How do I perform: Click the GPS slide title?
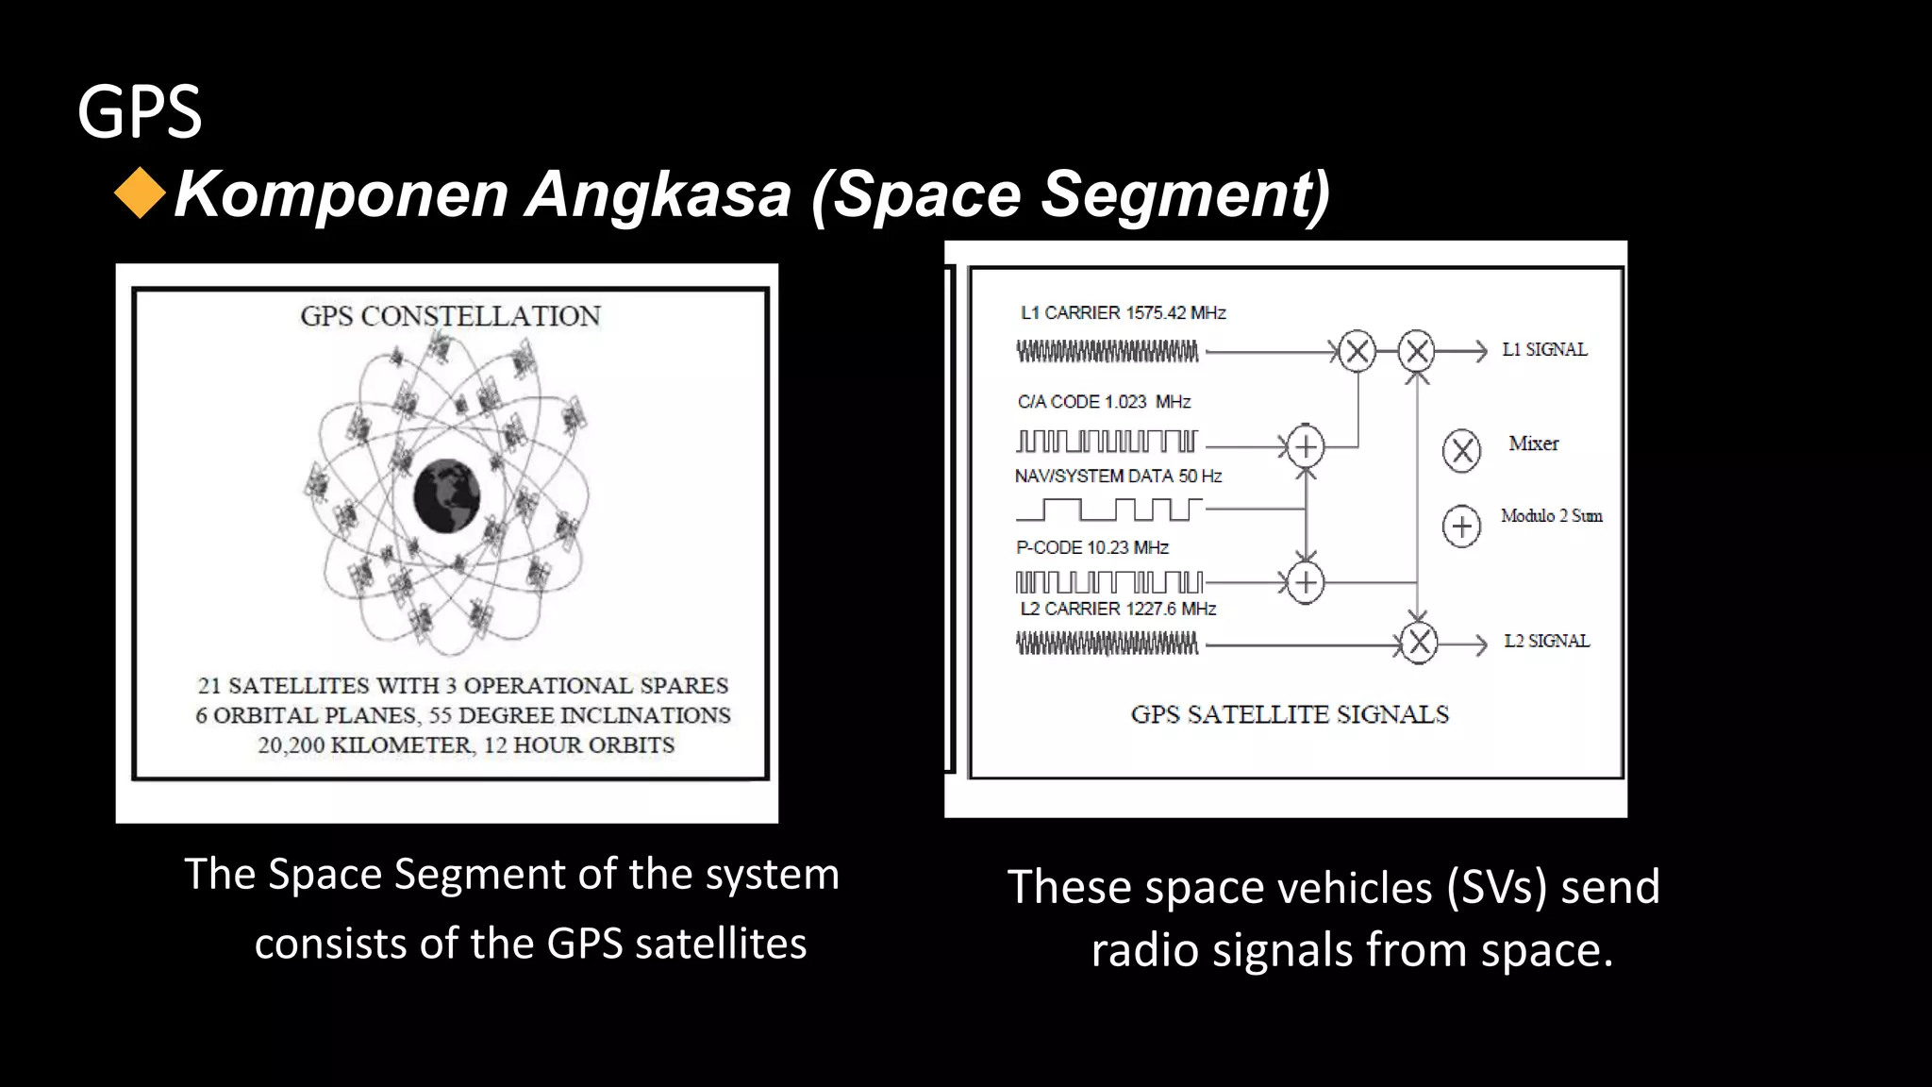(x=140, y=111)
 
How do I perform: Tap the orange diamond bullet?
(x=140, y=192)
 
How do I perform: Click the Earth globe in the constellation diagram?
(x=447, y=496)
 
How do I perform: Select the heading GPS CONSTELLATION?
(x=450, y=316)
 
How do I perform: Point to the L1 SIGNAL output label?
(x=1544, y=350)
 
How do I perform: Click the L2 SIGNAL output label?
(x=1546, y=642)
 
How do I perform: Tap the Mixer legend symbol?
(x=1461, y=451)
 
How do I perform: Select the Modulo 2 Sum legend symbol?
(x=1461, y=526)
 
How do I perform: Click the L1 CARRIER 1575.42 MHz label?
(x=1123, y=313)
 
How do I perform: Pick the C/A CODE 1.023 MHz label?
(x=1104, y=402)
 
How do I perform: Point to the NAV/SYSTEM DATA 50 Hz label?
(x=1118, y=477)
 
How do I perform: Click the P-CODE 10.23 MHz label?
(x=1091, y=548)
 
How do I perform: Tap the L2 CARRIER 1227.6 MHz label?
(x=1118, y=610)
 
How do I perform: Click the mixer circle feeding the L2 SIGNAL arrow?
(x=1418, y=644)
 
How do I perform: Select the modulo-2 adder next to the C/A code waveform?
(x=1306, y=446)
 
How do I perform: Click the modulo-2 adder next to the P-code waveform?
(x=1306, y=583)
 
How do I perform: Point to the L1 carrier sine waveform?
(x=1108, y=352)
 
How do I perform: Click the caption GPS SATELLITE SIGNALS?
(x=1290, y=714)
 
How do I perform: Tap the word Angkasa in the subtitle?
(x=658, y=194)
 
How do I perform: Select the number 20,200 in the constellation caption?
(x=291, y=745)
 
